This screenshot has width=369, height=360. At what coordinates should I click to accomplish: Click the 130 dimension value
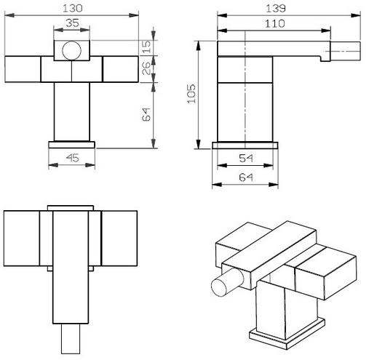click(73, 8)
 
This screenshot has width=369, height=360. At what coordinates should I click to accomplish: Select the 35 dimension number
click(72, 23)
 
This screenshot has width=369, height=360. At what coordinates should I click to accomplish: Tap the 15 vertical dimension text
click(146, 47)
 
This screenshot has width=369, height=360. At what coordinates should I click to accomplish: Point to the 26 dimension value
click(146, 68)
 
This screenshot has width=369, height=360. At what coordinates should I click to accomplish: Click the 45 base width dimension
click(73, 158)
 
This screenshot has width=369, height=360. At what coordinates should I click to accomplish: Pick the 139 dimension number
click(276, 9)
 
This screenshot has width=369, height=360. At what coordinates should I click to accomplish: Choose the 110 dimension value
click(274, 24)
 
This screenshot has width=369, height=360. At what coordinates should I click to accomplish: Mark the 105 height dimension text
click(191, 94)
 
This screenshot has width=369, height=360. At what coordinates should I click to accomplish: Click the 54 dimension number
click(246, 159)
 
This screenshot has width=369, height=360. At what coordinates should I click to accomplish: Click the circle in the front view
click(71, 50)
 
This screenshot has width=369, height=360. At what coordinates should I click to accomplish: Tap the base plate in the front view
click(71, 145)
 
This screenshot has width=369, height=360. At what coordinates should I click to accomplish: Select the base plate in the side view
click(245, 145)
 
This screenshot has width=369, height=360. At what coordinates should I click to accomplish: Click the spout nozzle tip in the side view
click(346, 51)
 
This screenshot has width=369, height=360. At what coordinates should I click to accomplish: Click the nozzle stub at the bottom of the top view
click(71, 338)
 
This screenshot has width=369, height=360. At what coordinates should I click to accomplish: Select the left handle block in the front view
click(23, 69)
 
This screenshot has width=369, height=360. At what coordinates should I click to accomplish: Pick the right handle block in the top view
click(119, 239)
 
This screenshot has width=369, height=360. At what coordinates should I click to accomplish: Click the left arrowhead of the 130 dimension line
click(9, 15)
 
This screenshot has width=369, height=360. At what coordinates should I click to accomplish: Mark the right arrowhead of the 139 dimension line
click(356, 15)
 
